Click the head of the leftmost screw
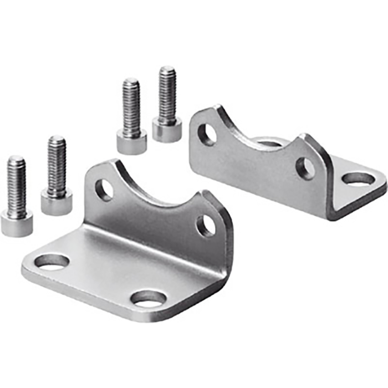17,224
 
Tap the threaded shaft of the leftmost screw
16,186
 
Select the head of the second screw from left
57,202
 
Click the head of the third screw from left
132,141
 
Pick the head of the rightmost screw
167,130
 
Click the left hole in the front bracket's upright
104,190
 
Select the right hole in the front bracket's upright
206,225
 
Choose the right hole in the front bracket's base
148,298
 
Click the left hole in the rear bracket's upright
207,134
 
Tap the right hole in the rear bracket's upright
305,168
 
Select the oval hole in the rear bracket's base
359,178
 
